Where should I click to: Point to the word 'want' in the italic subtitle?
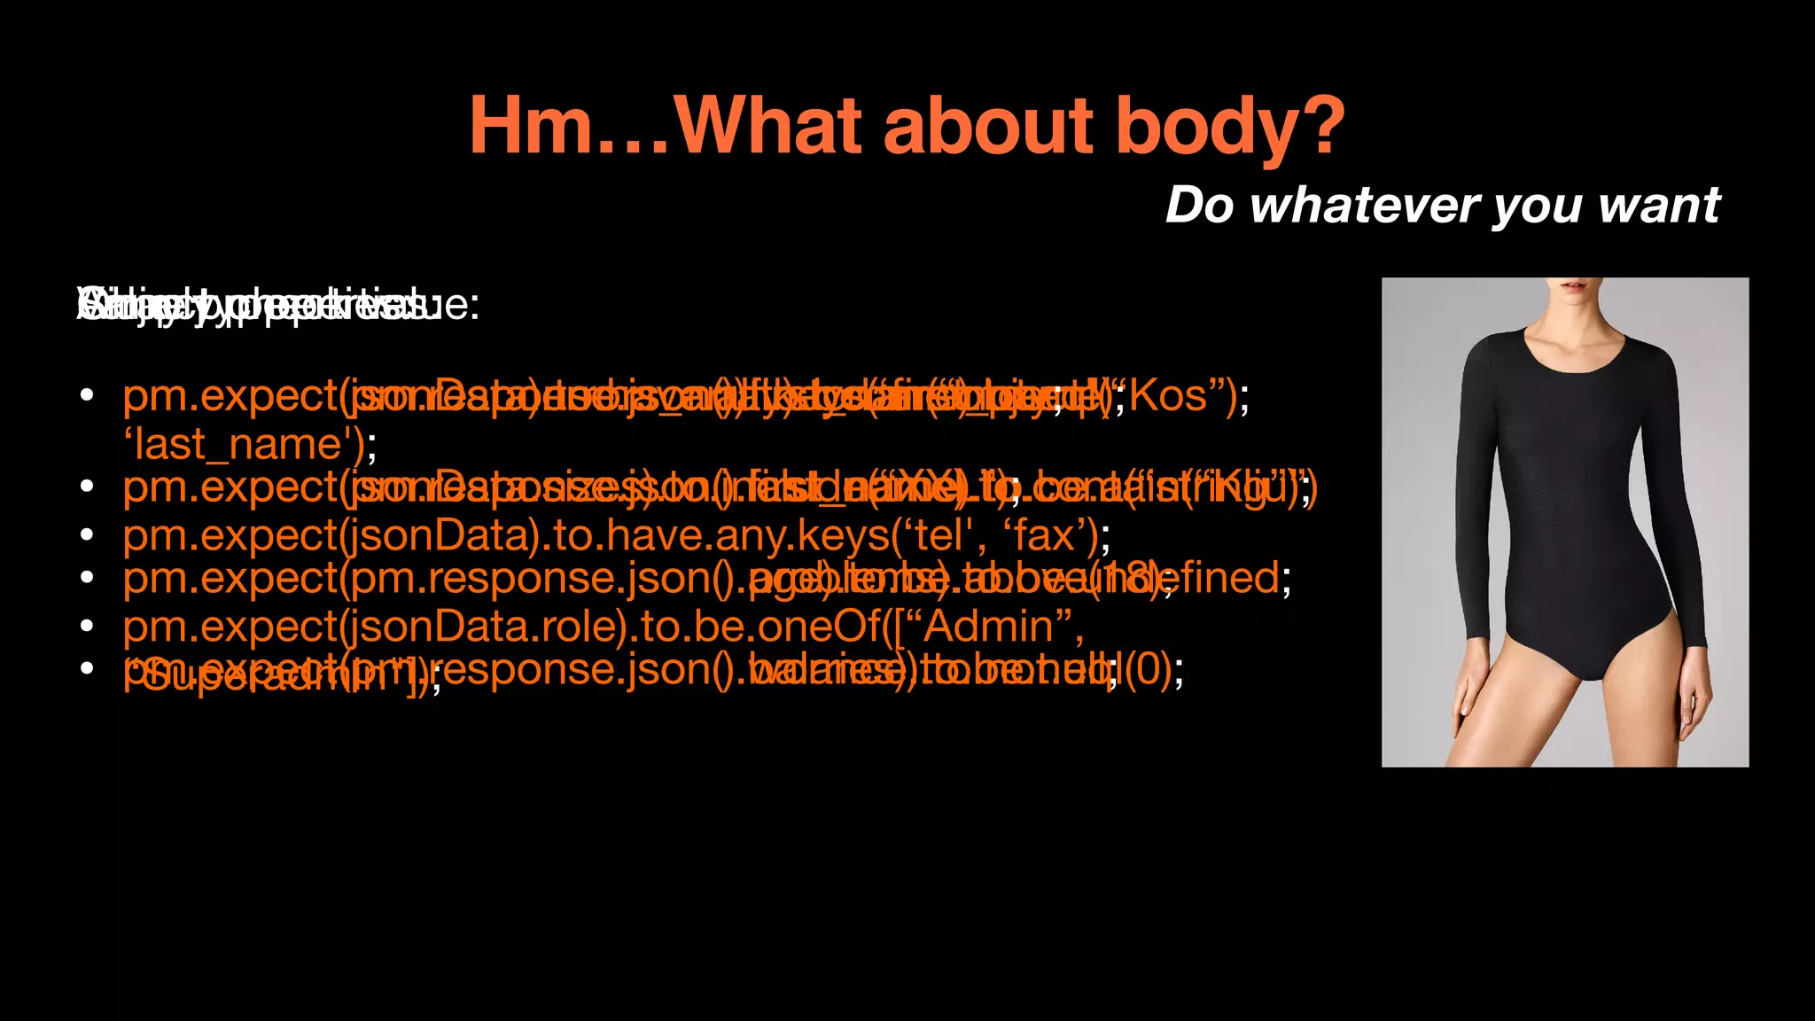coord(1659,206)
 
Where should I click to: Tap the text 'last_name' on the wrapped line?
coord(238,444)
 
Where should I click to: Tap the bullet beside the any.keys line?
coord(86,534)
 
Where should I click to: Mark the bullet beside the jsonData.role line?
coord(86,627)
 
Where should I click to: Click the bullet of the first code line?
coord(86,396)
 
